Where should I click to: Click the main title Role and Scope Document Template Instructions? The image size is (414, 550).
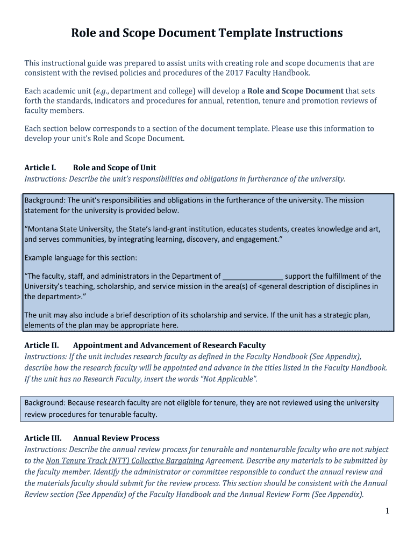click(x=207, y=33)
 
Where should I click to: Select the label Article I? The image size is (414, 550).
click(x=40, y=168)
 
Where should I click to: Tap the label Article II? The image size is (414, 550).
click(x=41, y=345)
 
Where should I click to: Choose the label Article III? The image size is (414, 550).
click(x=43, y=438)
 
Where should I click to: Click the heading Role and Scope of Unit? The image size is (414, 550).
click(x=115, y=168)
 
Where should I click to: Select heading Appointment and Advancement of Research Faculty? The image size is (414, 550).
click(x=169, y=345)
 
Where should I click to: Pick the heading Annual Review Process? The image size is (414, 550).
click(x=116, y=438)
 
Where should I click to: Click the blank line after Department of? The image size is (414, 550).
click(x=253, y=277)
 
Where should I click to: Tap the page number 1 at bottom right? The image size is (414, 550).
click(x=387, y=511)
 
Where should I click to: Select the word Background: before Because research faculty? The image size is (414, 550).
click(x=45, y=403)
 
